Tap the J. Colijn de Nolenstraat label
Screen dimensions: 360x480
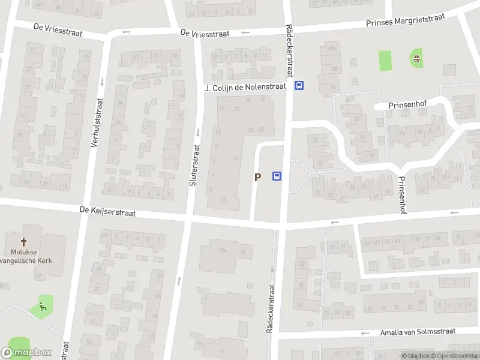point(245,88)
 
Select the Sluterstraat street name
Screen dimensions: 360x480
point(193,166)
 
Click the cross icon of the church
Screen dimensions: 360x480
point(25,242)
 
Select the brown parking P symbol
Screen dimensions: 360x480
point(258,177)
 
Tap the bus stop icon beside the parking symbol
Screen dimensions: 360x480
point(277,176)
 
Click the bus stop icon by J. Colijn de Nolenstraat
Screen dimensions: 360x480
point(299,86)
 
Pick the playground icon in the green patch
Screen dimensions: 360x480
point(415,58)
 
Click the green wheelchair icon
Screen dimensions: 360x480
point(43,307)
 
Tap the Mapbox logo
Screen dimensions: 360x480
point(26,353)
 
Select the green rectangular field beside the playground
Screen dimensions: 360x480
point(385,60)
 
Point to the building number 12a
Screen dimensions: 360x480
point(222,249)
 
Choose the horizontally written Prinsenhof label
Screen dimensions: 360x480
point(407,104)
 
